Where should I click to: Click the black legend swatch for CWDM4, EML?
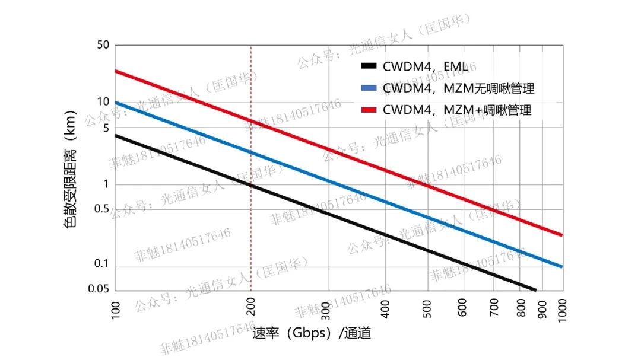click(369, 66)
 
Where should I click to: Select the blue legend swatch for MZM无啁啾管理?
click(369, 88)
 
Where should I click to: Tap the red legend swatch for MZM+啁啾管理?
click(369, 110)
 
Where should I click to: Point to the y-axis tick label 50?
click(103, 45)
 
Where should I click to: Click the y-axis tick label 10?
click(103, 102)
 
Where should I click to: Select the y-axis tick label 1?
click(106, 184)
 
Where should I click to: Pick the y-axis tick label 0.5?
click(101, 209)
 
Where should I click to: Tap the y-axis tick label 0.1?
click(101, 265)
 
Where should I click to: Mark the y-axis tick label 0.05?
click(99, 289)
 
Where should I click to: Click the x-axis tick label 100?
click(116, 309)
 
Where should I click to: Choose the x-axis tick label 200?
click(252, 309)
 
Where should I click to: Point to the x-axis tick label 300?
click(329, 309)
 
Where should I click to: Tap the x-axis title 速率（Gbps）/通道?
click(312, 333)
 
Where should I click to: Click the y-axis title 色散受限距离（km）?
click(70, 169)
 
